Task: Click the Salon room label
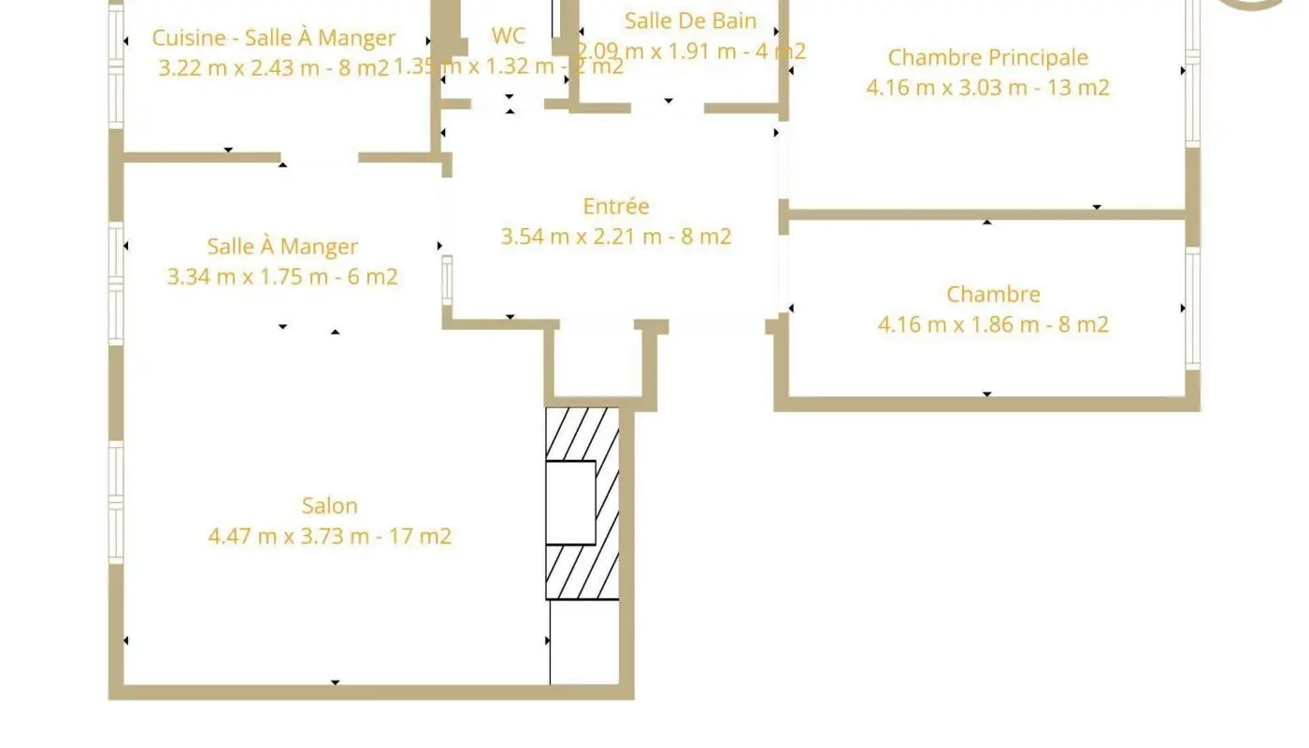pos(329,506)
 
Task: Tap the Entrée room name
pos(615,207)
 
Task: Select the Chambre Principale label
pos(987,57)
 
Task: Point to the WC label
pos(509,36)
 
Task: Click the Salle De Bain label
pos(690,21)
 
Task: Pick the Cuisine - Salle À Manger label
pos(273,38)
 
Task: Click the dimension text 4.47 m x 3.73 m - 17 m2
pos(329,537)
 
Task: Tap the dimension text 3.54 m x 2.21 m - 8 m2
pos(615,237)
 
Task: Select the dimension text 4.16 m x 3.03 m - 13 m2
pos(987,88)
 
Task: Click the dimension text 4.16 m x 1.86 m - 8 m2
pos(993,324)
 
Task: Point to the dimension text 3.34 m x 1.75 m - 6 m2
pos(282,277)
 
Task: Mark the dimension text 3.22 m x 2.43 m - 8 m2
pos(273,67)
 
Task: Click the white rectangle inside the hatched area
pos(570,502)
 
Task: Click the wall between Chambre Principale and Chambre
pos(986,214)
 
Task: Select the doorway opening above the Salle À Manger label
pos(320,158)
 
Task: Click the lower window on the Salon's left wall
pos(116,501)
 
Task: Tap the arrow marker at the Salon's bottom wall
pos(336,683)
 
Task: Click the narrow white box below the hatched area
pos(583,642)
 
